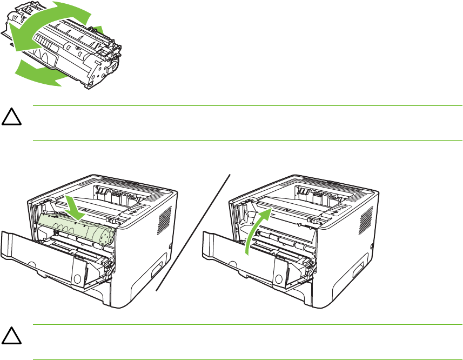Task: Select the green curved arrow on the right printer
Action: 253,231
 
